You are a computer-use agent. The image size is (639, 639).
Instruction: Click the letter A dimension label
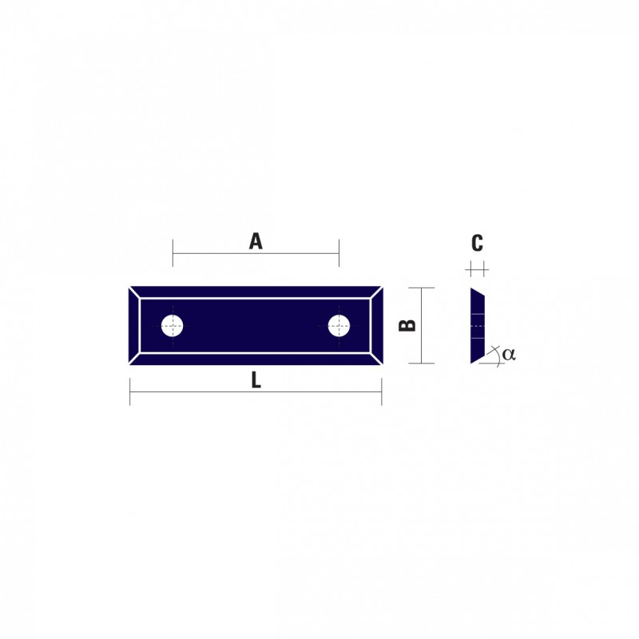256,241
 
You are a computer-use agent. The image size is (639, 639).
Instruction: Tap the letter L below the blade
256,381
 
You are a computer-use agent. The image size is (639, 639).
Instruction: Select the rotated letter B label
407,325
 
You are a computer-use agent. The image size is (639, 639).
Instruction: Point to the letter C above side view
477,243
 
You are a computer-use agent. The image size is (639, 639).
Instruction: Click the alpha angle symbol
509,354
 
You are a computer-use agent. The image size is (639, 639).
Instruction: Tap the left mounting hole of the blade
172,326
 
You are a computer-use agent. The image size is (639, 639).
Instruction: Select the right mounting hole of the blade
339,326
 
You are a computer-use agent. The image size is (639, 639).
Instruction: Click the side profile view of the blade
477,326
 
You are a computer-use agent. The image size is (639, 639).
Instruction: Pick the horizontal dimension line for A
256,253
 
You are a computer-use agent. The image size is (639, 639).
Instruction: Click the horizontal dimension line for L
256,392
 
